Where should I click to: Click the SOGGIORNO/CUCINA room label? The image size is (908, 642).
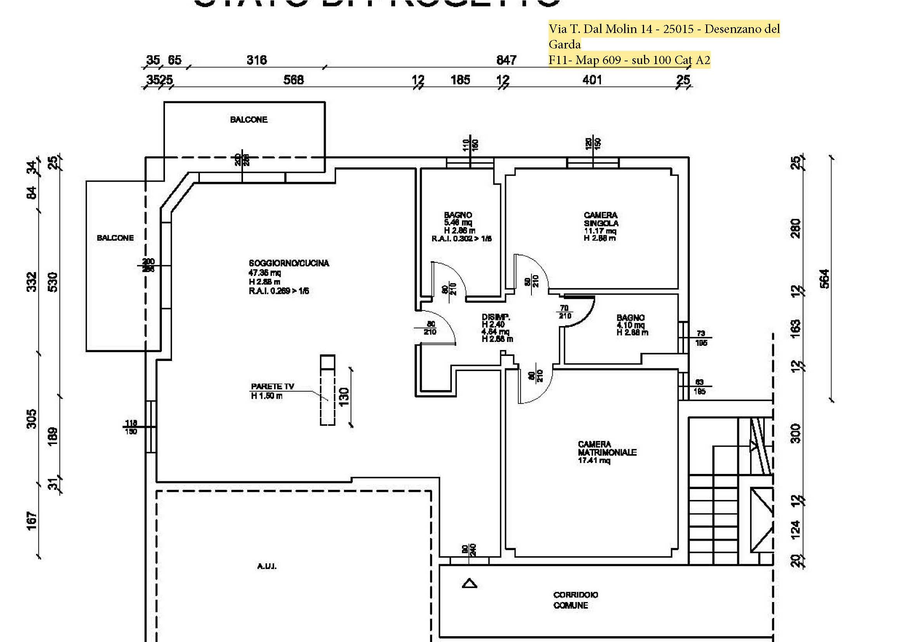tap(289, 263)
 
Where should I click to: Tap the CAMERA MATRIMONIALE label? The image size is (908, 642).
tap(607, 448)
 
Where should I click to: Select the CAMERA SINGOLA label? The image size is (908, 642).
tap(601, 219)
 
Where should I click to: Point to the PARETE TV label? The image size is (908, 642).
tap(273, 386)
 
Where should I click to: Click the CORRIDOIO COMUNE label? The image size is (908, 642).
tap(575, 600)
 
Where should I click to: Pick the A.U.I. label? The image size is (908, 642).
tap(267, 566)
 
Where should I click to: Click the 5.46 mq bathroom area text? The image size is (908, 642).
tap(458, 222)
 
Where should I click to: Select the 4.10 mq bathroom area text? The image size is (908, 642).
tap(630, 325)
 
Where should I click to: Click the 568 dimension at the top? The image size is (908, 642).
tap(293, 80)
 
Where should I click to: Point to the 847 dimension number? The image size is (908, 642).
tap(506, 60)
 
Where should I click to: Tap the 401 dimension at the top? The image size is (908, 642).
tap(592, 80)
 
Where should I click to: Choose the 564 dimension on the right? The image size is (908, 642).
tap(825, 279)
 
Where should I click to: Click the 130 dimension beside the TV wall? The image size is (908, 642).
tap(344, 395)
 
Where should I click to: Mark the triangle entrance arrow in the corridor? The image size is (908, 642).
tap(469, 583)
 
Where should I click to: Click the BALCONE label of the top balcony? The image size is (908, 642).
tap(249, 120)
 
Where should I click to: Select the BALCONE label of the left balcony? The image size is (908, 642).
tap(115, 238)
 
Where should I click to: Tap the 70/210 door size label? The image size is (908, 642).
tap(564, 312)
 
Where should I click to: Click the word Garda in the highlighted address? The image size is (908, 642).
tap(564, 44)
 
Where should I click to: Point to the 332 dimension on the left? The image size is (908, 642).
tap(31, 281)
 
